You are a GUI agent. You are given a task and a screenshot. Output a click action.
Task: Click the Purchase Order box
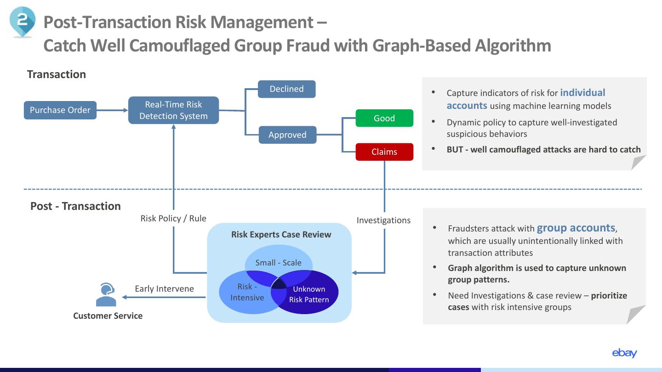pos(60,110)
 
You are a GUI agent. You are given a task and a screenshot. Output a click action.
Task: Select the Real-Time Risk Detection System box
pos(173,110)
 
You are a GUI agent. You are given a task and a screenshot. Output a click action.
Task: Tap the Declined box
pos(287,89)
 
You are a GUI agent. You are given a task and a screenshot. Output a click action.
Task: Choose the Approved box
pos(288,135)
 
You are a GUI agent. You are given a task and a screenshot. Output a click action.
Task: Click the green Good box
pos(384,118)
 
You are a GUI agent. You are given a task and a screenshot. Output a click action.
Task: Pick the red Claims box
pos(384,152)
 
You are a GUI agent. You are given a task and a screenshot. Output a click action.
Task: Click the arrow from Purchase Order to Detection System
pos(112,110)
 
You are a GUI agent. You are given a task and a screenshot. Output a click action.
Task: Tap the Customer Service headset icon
pos(106,294)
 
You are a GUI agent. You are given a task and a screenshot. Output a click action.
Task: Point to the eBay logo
pos(624,353)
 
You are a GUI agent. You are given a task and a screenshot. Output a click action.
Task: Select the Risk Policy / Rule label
pos(173,219)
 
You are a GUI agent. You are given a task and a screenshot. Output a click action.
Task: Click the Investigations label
pos(383,220)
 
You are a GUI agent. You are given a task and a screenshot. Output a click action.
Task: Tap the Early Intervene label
pos(164,288)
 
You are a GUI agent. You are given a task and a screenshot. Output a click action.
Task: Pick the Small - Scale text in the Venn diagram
pos(279,263)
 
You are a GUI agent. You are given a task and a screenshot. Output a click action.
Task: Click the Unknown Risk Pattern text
pos(309,294)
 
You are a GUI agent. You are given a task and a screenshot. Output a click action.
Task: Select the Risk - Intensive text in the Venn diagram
pos(247,292)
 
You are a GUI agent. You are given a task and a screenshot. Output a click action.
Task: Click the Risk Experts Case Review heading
pos(281,234)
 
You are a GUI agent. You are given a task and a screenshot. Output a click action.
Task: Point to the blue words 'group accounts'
pos(576,228)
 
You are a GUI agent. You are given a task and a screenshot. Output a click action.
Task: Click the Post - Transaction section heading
pos(75,206)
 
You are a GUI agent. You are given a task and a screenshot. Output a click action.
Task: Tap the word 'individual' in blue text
pos(582,93)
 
